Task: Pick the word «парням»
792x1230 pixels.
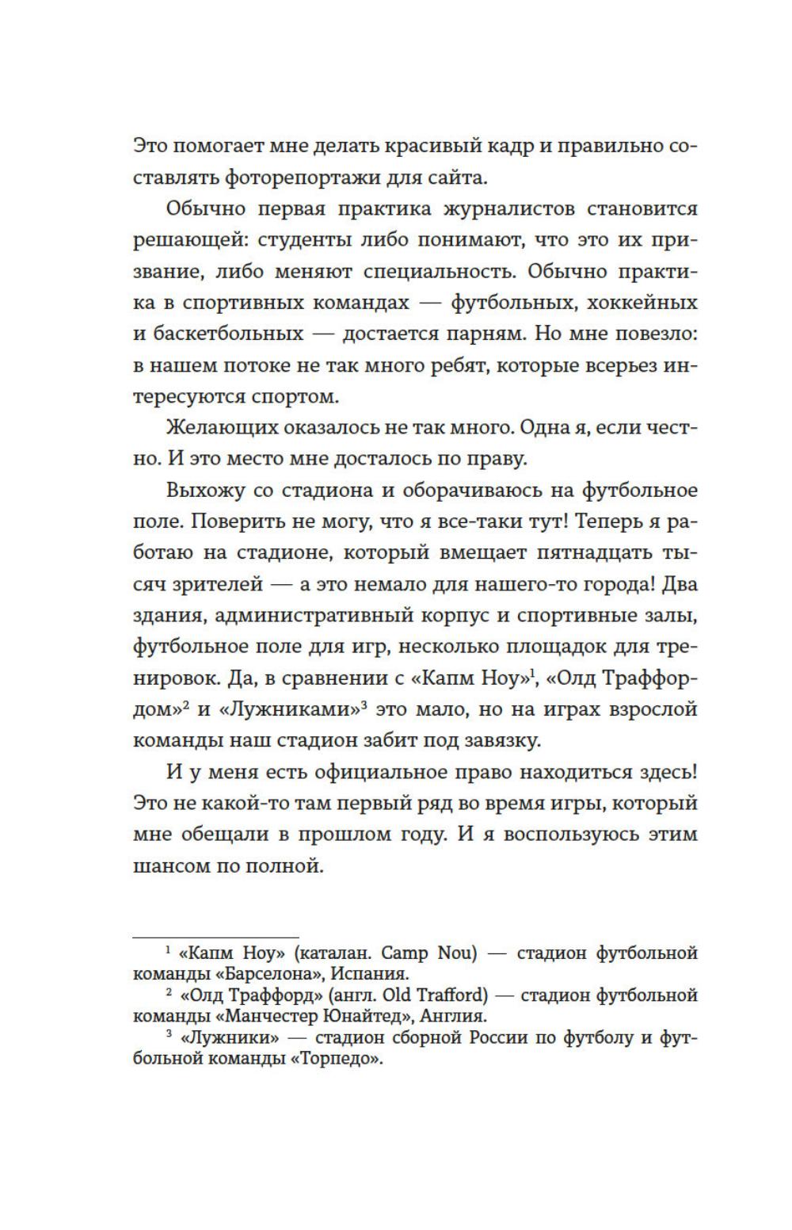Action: pyautogui.click(x=483, y=334)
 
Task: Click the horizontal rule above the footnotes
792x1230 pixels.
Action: pyautogui.click(x=215, y=938)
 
